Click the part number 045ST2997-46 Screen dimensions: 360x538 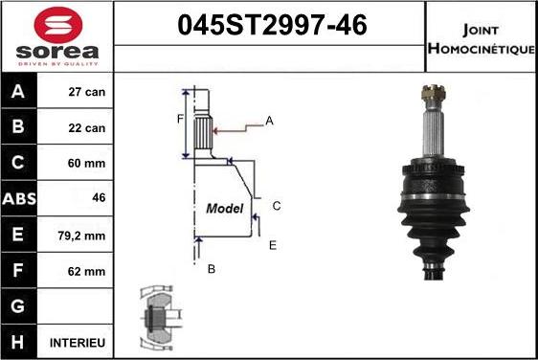271,27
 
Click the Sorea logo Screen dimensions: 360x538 55,38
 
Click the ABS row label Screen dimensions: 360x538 20,199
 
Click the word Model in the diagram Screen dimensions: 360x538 225,208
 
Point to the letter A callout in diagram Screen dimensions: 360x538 269,121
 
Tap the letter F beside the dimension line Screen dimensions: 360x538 179,119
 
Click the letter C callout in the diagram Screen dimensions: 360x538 276,206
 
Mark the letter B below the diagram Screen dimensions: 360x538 211,269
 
